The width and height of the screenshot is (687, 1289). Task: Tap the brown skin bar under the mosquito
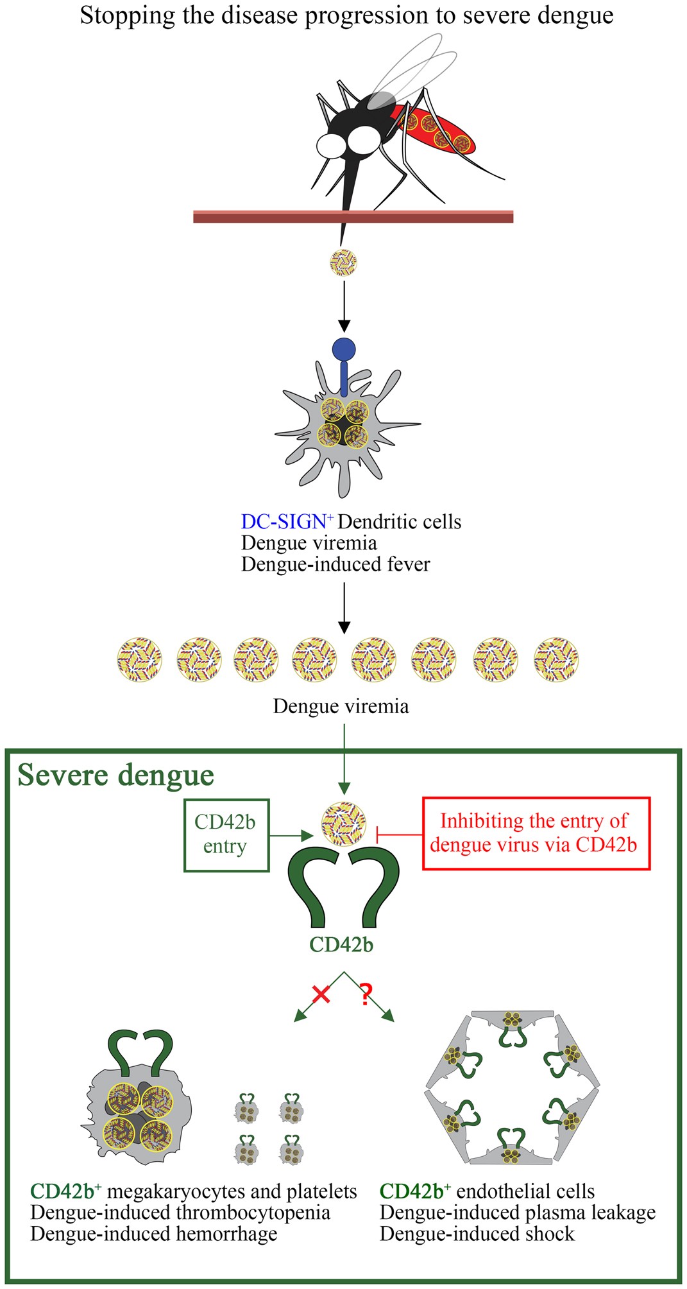click(x=353, y=217)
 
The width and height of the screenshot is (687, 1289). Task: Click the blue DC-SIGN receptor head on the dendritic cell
click(x=344, y=350)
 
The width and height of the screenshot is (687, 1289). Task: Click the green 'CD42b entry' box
click(x=226, y=835)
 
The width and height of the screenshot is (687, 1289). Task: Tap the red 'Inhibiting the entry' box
click(x=536, y=833)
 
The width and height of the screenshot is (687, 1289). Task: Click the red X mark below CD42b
click(x=321, y=995)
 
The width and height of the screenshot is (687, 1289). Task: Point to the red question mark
click(x=366, y=994)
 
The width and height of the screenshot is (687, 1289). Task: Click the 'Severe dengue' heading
click(x=116, y=775)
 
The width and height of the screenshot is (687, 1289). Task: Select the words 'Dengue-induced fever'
click(x=335, y=564)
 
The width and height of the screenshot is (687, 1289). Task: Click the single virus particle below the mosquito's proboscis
click(x=343, y=262)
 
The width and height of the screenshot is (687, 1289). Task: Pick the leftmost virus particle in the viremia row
click(x=139, y=659)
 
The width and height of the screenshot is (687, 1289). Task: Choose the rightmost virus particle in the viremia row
click(x=556, y=659)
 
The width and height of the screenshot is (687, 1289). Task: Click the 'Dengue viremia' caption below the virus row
click(x=341, y=707)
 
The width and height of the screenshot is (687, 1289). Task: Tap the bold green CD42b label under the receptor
click(x=341, y=945)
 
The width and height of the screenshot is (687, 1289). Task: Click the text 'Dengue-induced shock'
click(x=477, y=1234)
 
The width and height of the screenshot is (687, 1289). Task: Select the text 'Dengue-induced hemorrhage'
click(x=153, y=1234)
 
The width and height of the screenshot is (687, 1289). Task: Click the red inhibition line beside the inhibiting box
click(x=399, y=835)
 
